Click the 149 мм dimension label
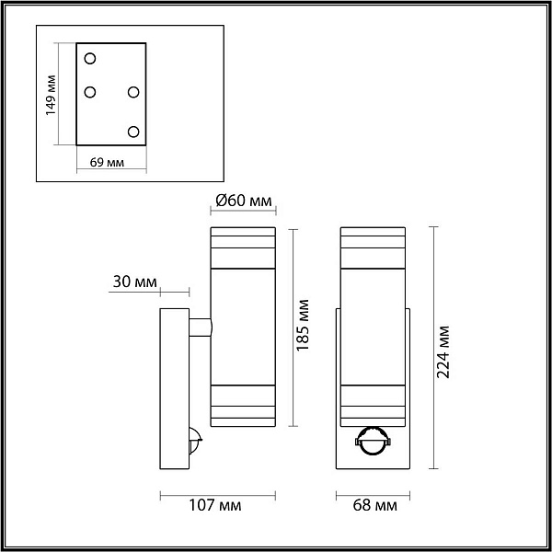tap(51, 95)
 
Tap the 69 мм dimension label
tap(107, 162)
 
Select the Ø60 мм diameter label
tap(243, 201)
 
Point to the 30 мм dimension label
tap(135, 282)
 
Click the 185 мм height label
tap(303, 325)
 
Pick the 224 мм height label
tap(443, 352)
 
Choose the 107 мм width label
tap(215, 505)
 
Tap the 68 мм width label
tap(375, 505)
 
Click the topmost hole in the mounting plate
tap(90, 59)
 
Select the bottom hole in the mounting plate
tap(133, 132)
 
